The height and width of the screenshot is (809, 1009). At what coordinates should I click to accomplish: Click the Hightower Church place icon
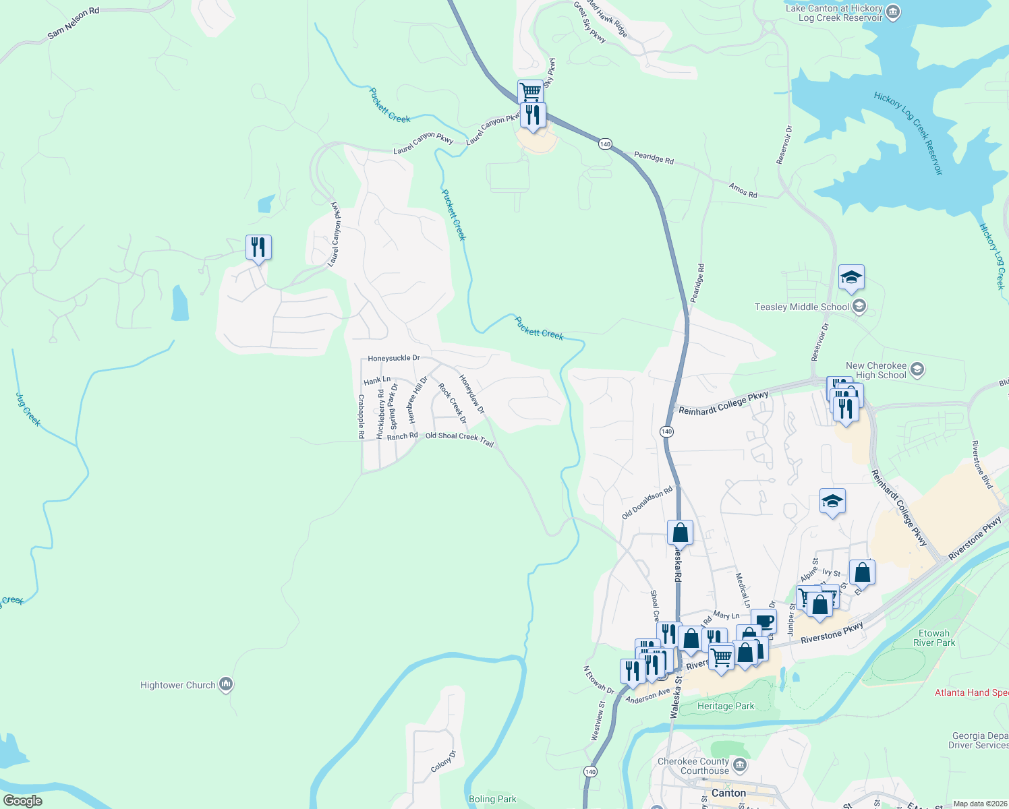[226, 685]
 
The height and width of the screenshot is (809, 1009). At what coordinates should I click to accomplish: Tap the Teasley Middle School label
[802, 307]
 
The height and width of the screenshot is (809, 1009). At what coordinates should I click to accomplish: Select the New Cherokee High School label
[876, 370]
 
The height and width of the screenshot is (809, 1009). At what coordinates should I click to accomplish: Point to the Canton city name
[729, 793]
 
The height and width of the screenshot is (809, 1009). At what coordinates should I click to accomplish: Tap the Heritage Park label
[726, 706]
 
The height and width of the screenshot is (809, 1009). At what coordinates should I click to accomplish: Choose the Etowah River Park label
[934, 638]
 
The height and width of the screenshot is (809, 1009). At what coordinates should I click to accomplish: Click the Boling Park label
[492, 799]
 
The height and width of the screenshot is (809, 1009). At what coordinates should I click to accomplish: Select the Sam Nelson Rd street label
[73, 23]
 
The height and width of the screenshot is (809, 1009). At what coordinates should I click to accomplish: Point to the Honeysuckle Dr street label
[394, 359]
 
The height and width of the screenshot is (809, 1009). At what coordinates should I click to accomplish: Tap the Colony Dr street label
[444, 761]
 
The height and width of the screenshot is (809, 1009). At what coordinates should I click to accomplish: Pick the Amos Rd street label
[743, 190]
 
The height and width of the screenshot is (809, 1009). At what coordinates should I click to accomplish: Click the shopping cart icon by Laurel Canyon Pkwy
[530, 91]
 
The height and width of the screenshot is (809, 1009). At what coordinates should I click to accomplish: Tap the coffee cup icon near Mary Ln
[763, 620]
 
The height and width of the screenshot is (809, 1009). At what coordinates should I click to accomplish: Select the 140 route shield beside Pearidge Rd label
[605, 144]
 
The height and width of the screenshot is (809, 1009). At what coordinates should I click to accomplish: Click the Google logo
[23, 800]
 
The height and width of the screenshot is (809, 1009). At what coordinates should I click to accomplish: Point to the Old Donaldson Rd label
[647, 503]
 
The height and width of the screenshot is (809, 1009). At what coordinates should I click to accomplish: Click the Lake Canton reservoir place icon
[893, 11]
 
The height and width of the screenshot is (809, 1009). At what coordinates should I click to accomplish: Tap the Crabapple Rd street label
[362, 416]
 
